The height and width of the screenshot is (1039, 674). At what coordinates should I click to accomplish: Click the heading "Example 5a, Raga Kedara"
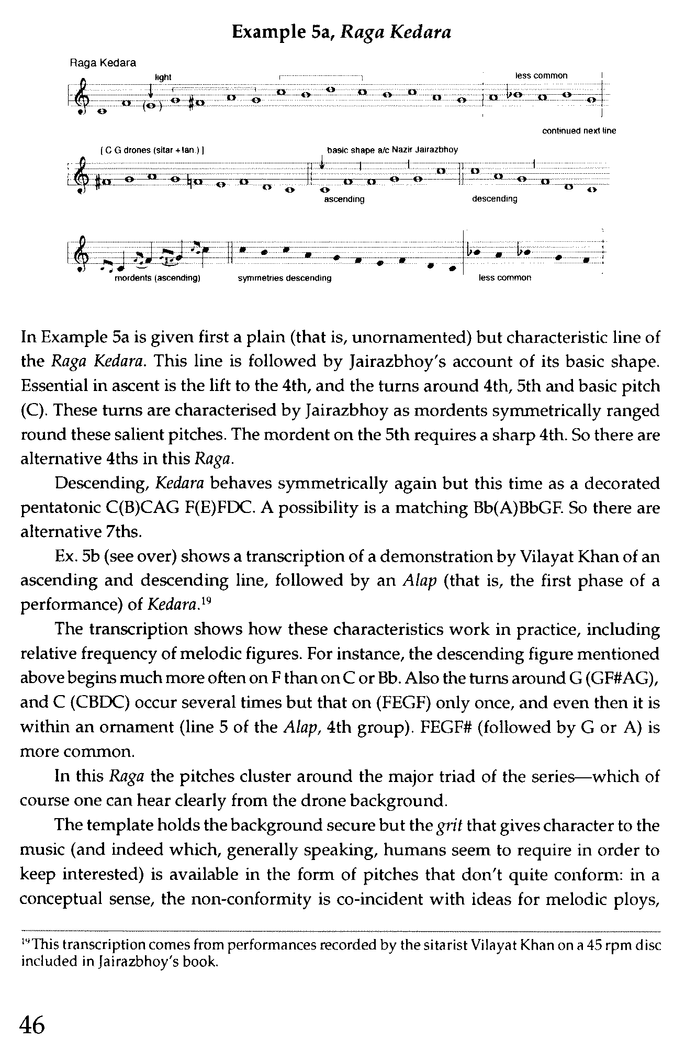[x=341, y=33]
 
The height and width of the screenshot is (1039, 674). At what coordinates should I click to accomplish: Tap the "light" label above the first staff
[x=163, y=77]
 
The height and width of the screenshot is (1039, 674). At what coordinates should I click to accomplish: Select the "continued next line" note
[x=579, y=131]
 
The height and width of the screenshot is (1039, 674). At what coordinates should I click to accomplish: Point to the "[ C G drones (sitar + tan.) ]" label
[x=152, y=151]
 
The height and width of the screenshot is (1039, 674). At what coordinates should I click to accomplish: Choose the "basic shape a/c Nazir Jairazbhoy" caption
[x=392, y=150]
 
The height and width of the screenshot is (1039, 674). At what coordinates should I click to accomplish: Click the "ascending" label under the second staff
[x=344, y=199]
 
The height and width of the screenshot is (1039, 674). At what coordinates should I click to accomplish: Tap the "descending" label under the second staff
[x=494, y=199]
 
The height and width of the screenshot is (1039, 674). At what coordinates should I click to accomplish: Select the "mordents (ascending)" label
[x=157, y=278]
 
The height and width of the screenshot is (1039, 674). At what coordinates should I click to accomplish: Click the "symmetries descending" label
[x=284, y=278]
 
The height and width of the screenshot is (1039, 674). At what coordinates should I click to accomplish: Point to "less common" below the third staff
[x=504, y=278]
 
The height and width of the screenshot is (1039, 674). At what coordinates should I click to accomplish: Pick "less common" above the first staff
[x=541, y=76]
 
